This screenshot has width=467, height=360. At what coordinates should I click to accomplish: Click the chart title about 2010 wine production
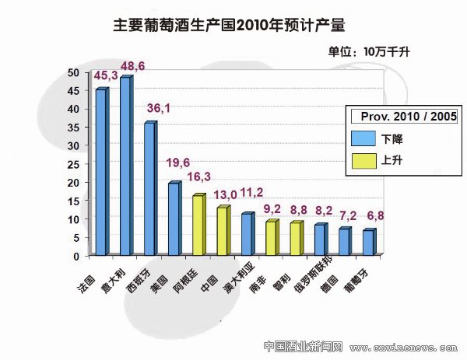(x=227, y=25)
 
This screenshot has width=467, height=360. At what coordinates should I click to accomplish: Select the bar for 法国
(x=101, y=172)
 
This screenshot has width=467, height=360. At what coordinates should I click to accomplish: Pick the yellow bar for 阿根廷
(x=198, y=225)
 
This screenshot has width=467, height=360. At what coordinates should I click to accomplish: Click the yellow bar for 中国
(x=223, y=231)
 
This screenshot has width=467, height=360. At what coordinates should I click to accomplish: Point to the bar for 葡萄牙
(x=368, y=243)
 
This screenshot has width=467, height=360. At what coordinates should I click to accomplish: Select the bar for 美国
(x=174, y=218)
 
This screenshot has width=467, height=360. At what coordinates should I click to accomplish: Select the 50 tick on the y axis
(x=75, y=72)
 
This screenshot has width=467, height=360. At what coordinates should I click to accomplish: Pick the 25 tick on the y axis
(x=75, y=164)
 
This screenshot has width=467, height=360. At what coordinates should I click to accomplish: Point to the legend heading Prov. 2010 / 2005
(x=403, y=117)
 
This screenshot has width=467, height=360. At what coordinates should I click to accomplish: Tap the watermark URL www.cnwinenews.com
(x=402, y=347)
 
